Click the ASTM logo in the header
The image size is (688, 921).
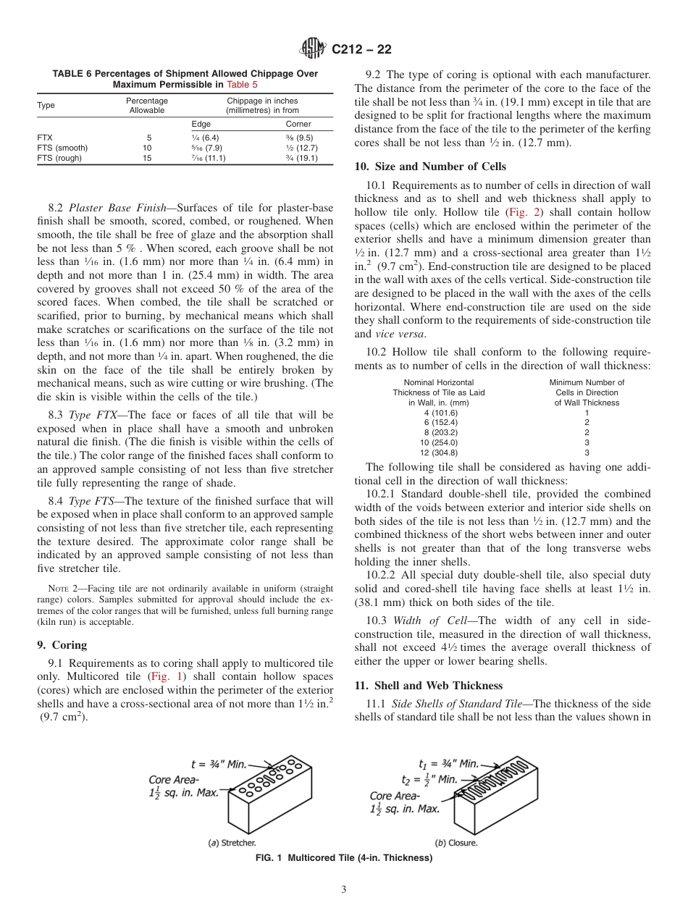(314, 49)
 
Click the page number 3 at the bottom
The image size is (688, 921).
(344, 889)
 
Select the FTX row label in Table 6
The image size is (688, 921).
(44, 138)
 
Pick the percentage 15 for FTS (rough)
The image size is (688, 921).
(147, 158)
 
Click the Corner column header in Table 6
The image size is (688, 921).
(298, 124)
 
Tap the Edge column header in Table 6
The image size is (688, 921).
(201, 124)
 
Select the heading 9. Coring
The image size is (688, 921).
(62, 645)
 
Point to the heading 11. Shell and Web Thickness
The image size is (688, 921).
(428, 686)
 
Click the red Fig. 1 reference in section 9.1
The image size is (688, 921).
(166, 676)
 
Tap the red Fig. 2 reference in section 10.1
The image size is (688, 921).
(521, 212)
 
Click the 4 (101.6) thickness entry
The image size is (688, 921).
(441, 413)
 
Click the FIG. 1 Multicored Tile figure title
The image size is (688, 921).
(344, 858)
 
